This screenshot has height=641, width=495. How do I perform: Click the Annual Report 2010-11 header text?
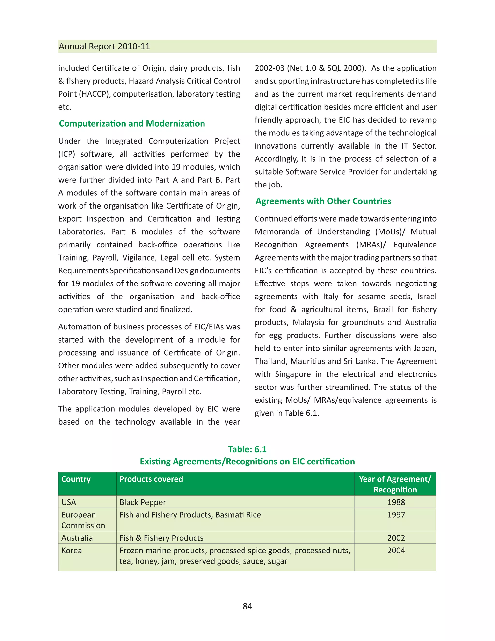click(104, 46)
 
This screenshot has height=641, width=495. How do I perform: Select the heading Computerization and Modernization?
click(132, 124)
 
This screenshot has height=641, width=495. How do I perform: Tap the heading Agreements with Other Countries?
click(323, 201)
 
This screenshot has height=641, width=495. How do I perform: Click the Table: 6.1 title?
click(247, 449)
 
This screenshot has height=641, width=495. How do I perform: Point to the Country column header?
click(76, 479)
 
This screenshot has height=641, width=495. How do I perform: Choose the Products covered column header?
click(151, 479)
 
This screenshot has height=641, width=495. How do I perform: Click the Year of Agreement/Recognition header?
click(395, 484)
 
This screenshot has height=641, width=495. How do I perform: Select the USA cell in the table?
click(69, 502)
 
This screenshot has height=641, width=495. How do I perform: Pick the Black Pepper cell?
click(143, 502)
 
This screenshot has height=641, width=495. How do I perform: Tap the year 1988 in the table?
click(396, 502)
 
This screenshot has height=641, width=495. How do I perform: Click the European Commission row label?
click(83, 520)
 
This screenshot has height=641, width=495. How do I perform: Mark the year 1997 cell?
click(396, 515)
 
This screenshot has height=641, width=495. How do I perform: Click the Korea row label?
click(72, 551)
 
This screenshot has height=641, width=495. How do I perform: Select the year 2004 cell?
click(396, 551)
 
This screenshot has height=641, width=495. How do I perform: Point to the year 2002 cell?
click(396, 538)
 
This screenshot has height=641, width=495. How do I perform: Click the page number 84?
click(247, 606)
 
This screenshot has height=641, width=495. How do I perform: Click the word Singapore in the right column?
click(293, 374)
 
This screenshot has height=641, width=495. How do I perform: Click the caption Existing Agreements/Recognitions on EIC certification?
click(247, 462)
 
